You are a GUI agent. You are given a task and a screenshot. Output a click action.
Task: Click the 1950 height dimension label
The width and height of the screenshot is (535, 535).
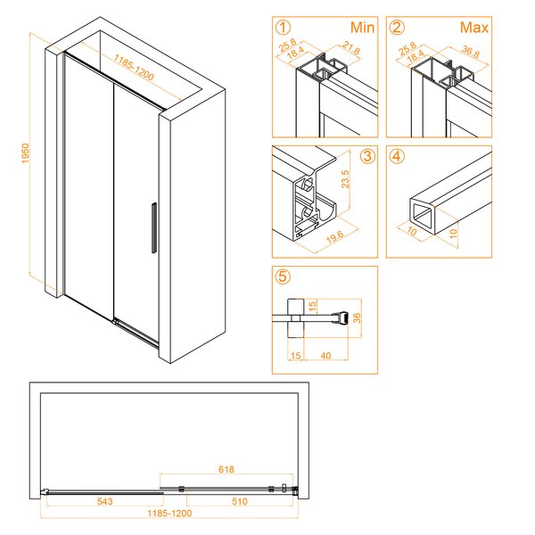coord(26,153)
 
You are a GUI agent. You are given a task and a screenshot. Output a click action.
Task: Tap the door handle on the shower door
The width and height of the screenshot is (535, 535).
coord(154,228)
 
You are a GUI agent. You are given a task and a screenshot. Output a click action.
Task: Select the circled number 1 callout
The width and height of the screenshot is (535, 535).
coord(283,28)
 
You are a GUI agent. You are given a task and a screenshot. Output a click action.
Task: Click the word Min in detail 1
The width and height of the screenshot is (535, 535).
coord(362,28)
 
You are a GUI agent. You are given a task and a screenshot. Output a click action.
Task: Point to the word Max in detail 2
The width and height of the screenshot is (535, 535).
coord(474,28)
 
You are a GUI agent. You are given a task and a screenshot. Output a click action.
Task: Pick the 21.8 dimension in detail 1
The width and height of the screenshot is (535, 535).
coord(351,48)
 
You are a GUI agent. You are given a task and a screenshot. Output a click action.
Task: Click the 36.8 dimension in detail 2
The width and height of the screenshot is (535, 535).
coord(471,52)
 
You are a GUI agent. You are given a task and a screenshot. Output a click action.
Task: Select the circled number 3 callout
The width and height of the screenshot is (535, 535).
coord(367,156)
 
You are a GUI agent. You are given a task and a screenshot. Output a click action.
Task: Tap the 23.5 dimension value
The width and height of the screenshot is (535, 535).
coord(345,179)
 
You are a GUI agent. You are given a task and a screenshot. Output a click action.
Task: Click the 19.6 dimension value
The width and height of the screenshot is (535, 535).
coord(334,237)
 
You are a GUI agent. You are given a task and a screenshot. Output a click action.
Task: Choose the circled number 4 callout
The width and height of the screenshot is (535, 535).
coord(397,156)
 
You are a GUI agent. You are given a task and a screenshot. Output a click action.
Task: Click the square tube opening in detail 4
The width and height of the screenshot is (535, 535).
coord(422,214)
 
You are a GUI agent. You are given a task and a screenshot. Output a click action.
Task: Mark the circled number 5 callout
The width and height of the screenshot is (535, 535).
coord(283,276)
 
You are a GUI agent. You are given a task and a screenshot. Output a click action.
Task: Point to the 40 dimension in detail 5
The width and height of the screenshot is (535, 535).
coord(325,356)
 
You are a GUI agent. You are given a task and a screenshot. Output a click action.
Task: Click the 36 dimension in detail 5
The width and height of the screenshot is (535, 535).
coord(357,317)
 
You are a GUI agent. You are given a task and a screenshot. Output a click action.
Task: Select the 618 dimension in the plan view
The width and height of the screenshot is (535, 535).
coord(226,470)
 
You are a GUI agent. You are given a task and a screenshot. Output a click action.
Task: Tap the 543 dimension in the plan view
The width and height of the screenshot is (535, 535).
coord(104,501)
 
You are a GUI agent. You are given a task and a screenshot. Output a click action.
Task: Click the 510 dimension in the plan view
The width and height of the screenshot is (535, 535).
coord(240,501)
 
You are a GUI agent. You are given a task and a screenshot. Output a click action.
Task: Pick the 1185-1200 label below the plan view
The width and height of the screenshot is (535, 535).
coord(169,514)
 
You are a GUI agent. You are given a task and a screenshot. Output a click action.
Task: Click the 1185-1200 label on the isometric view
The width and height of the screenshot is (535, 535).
coord(134,67)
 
